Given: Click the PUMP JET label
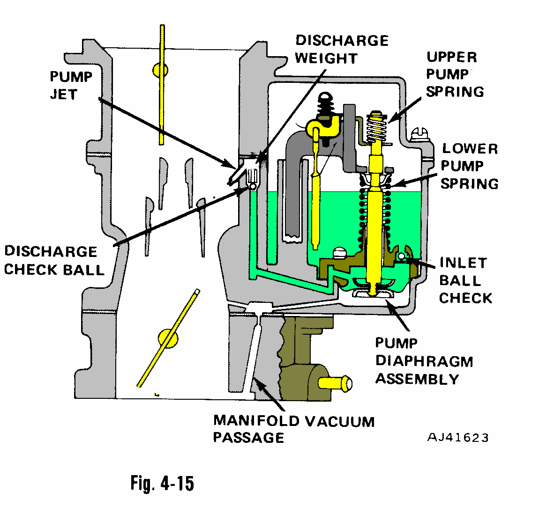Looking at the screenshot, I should click(71, 85).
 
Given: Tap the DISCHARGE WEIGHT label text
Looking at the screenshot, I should click(342, 49).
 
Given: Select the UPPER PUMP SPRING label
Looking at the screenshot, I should click(455, 74).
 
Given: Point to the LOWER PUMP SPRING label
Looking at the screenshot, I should click(470, 166).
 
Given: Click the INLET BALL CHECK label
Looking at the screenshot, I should click(465, 280).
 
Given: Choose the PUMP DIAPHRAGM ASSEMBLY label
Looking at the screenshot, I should click(424, 361).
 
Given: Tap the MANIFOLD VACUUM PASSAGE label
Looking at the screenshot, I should click(293, 429).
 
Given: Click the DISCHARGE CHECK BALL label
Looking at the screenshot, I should click(54, 261).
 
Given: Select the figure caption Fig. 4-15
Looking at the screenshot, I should click(162, 483).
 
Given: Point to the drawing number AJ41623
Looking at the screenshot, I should click(458, 438).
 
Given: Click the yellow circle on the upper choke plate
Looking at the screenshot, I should click(160, 70).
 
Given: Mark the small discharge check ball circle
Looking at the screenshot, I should click(253, 186).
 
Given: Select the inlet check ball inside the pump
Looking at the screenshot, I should click(401, 256).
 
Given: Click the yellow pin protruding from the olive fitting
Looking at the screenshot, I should click(336, 383).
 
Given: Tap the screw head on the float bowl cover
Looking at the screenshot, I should click(419, 134).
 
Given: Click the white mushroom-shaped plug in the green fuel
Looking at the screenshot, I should click(338, 253).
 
